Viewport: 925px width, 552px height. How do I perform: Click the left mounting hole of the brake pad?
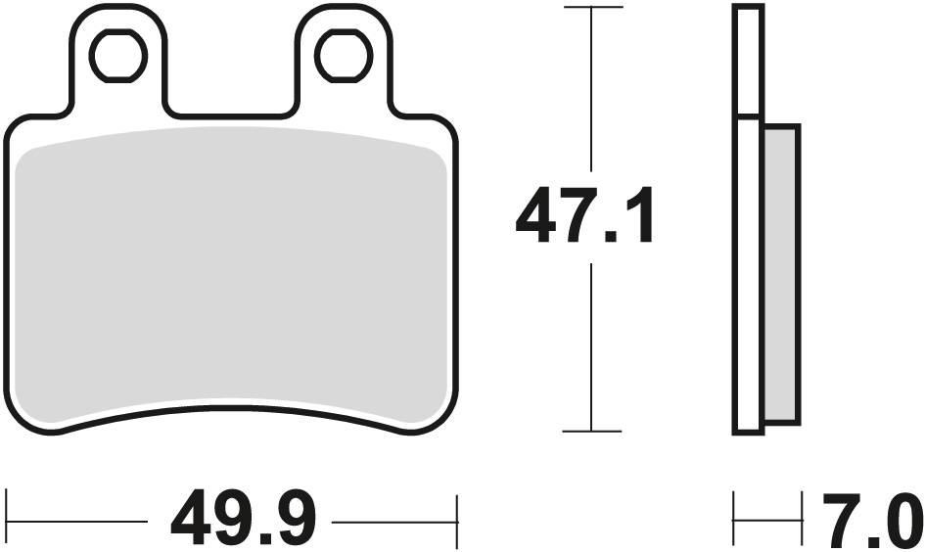coord(117,56)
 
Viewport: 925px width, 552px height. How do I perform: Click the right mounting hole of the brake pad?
coord(345,56)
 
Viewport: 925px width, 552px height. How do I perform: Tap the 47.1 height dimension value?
coord(584,219)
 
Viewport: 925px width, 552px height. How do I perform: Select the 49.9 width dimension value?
coord(243,522)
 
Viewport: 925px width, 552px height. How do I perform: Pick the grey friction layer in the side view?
coord(781,274)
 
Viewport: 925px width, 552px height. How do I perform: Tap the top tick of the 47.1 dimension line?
coord(591,8)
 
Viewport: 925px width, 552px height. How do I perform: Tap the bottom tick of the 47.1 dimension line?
coord(591,431)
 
